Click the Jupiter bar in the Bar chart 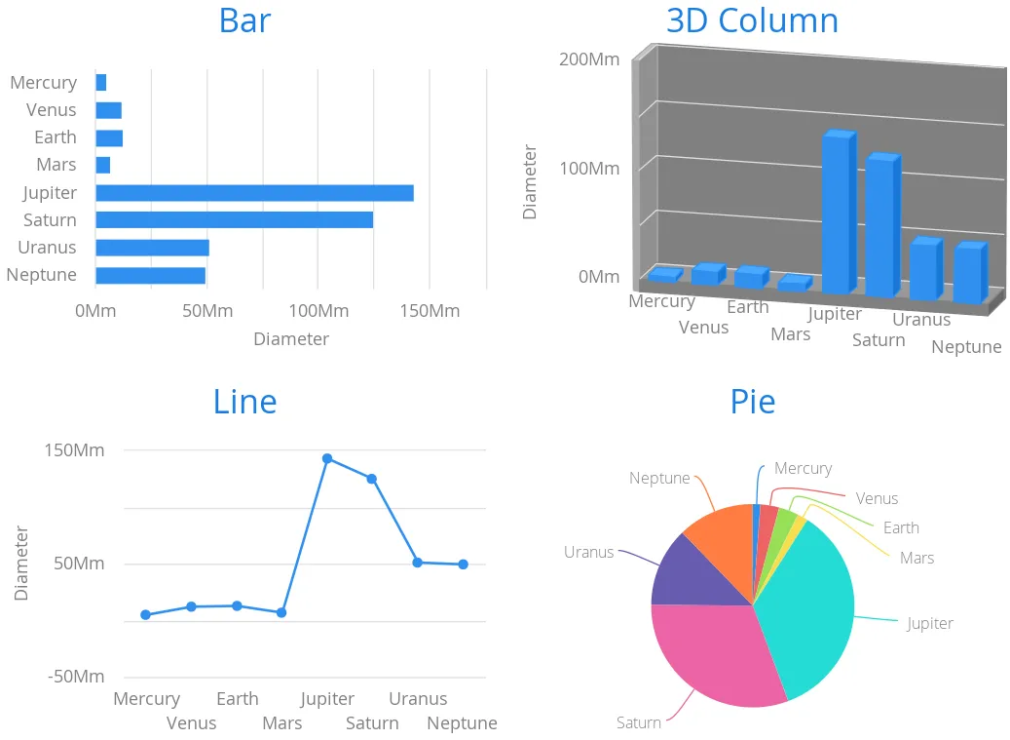coord(254,193)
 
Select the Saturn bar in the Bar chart coord(234,220)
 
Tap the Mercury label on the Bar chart coord(43,83)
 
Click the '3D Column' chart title coord(752,20)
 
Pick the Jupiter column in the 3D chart coord(837,213)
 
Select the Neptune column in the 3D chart coord(968,274)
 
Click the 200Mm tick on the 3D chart coord(589,59)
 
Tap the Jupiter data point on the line coord(327,458)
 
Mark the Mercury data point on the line coord(146,615)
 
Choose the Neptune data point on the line coord(464,565)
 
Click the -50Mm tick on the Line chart coord(75,677)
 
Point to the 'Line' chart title coord(244,402)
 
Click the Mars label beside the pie coord(916,559)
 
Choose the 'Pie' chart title coord(753,402)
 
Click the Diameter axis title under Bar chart coord(290,339)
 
